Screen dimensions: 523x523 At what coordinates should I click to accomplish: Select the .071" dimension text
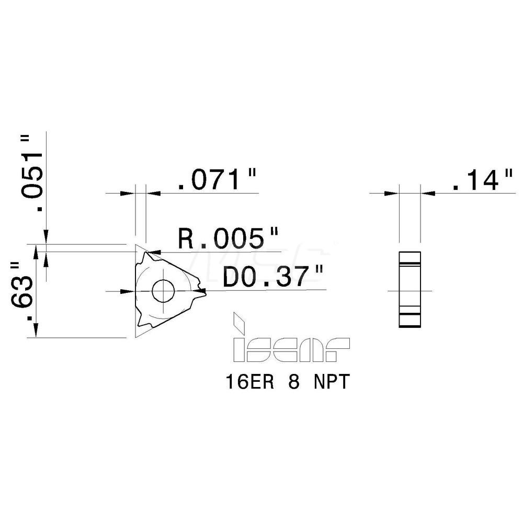coord(218,181)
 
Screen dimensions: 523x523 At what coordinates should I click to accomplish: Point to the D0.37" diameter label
coord(272,277)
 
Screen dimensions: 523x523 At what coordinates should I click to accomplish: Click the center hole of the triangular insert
coord(164,290)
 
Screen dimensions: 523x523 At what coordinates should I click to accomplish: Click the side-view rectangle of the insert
coord(409,289)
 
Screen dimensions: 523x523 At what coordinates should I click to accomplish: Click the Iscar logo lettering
coord(290,349)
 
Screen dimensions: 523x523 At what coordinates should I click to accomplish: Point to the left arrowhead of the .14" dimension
coord(392,194)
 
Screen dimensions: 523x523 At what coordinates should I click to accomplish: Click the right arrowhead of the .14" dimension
coord(427,194)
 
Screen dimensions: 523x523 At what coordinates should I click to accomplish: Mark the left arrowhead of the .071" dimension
coord(128,194)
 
